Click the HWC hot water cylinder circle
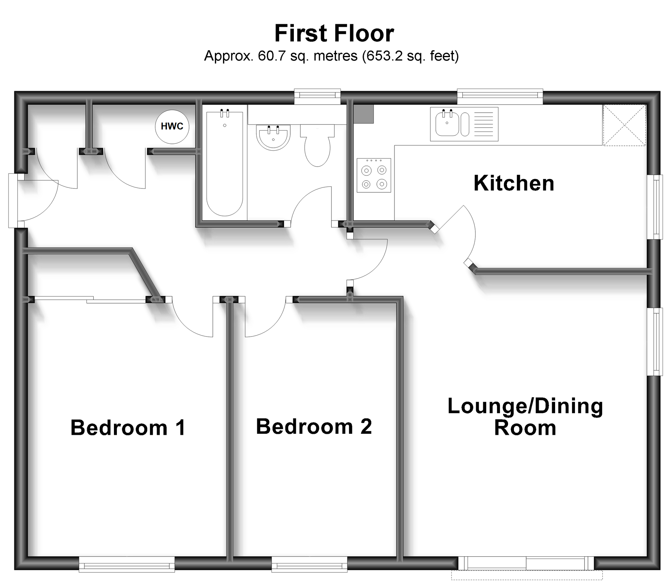coord(172,127)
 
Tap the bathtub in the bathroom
coord(225,163)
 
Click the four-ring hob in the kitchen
coord(374,175)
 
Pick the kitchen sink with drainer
coord(464,124)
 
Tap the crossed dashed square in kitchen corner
coord(624,125)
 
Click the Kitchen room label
coord(514,183)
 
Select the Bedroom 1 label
coord(128,428)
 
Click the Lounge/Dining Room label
coord(525,417)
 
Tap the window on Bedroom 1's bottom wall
coord(127,564)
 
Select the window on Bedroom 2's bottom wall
coord(309,564)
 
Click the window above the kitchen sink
coord(500,96)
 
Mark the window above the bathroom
coord(317,96)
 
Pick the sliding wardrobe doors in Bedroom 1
coord(90,300)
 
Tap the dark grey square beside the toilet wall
coord(363,114)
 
